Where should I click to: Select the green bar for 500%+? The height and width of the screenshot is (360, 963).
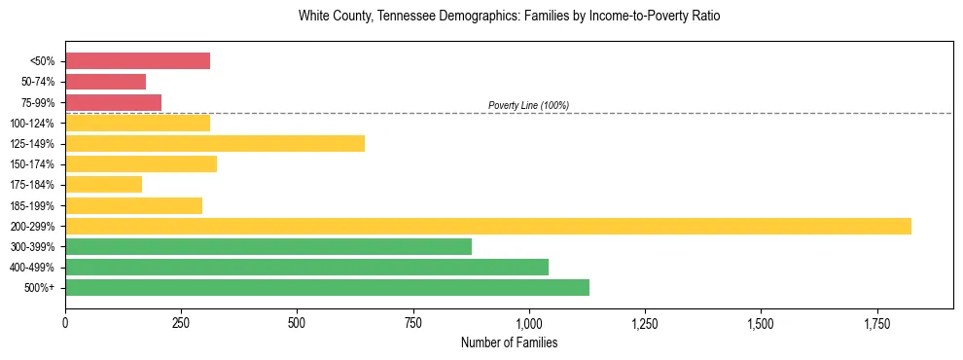[327, 287]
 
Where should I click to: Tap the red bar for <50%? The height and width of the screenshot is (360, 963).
[137, 61]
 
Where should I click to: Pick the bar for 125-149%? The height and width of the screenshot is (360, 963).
[215, 144]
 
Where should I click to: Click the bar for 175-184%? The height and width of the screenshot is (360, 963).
[103, 185]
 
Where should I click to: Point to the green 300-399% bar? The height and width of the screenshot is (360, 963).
[268, 246]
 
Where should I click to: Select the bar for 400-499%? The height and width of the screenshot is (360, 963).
[306, 267]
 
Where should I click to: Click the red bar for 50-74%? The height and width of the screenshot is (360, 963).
[105, 82]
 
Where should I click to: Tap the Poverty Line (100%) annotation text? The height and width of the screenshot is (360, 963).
[528, 105]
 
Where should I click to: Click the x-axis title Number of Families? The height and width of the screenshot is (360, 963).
[509, 342]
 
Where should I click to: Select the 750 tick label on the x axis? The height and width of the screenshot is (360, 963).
[412, 322]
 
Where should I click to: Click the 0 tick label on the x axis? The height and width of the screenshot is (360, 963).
[65, 322]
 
